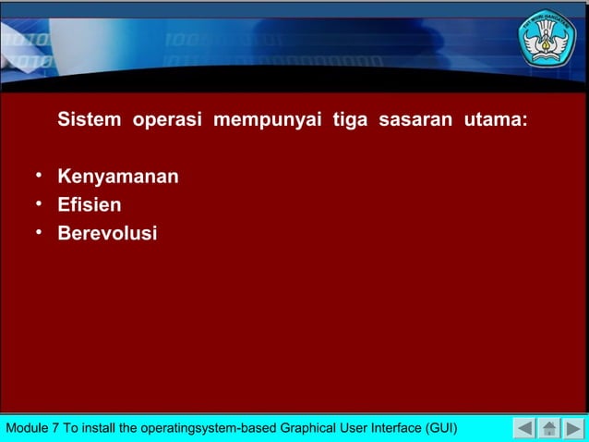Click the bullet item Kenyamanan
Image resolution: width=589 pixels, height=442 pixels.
(118, 176)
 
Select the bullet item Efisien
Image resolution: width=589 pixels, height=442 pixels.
(90, 204)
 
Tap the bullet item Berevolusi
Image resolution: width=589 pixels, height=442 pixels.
(107, 233)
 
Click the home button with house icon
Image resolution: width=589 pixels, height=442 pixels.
(549, 428)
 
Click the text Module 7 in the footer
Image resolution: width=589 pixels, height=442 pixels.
(33, 429)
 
